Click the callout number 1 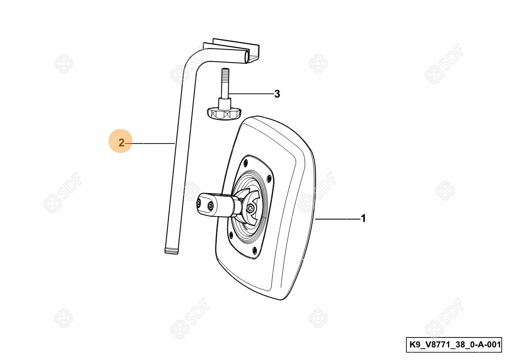click(364, 218)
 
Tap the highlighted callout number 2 click(122, 143)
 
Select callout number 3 click(277, 94)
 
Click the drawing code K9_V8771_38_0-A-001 click(453, 344)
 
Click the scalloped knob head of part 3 click(224, 114)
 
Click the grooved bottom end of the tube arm click(171, 251)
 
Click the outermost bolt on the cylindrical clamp click(199, 202)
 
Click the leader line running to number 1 click(337, 219)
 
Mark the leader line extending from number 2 click(149, 143)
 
